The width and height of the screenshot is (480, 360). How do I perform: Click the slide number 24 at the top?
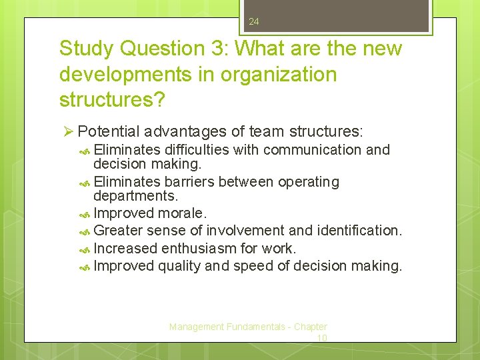pyautogui.click(x=253, y=22)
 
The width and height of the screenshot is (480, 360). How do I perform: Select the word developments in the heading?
pyautogui.click(x=128, y=75)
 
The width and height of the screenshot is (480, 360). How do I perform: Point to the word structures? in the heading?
pyautogui.click(x=113, y=100)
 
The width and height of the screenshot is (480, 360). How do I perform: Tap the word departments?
pyautogui.click(x=136, y=197)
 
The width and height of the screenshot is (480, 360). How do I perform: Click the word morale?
pyautogui.click(x=183, y=213)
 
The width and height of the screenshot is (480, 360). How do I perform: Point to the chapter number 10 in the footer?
pyautogui.click(x=321, y=338)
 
